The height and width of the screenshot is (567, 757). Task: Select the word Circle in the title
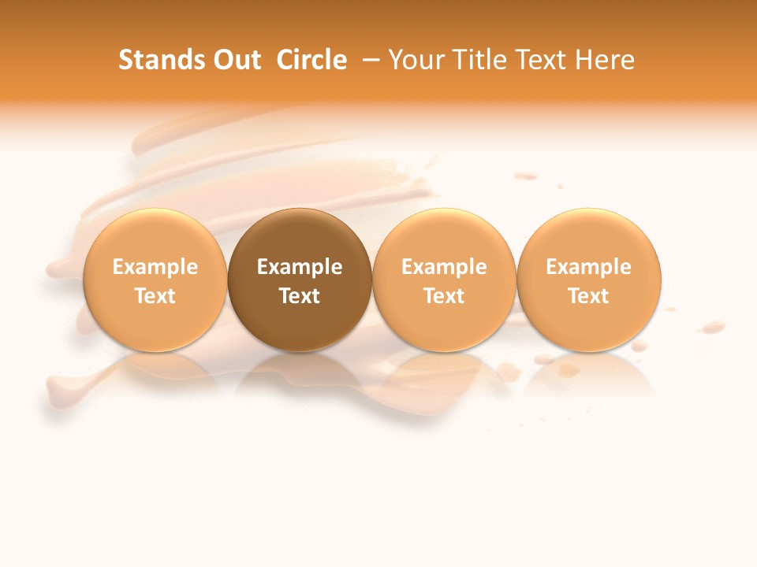point(311,60)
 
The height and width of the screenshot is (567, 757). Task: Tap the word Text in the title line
point(538,60)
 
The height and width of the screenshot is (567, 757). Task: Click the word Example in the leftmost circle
point(155,267)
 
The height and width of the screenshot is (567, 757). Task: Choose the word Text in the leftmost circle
point(155,296)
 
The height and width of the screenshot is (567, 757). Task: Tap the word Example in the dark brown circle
point(300,267)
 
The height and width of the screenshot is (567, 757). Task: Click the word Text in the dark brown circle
point(300,296)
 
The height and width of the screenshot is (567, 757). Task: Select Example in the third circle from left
point(444,267)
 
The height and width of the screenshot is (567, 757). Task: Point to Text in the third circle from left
point(444,296)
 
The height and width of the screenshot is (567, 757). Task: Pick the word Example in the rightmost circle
point(588,267)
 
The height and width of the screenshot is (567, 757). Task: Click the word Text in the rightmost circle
point(588,296)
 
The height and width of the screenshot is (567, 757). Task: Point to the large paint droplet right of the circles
point(714,325)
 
